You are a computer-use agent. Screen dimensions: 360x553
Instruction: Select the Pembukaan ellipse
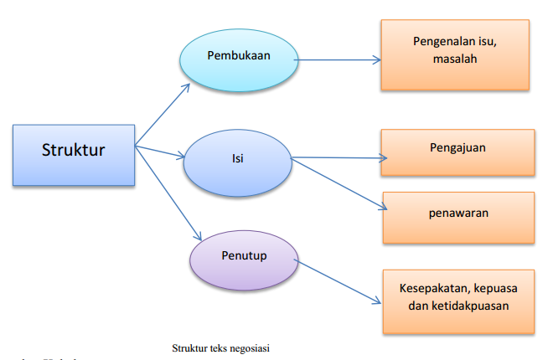(241, 58)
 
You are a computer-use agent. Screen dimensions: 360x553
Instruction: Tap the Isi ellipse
(237, 158)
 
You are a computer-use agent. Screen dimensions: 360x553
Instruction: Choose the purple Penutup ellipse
(243, 255)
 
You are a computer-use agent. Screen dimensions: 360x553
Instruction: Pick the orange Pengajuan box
(457, 152)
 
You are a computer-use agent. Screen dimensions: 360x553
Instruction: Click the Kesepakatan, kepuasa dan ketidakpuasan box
(457, 299)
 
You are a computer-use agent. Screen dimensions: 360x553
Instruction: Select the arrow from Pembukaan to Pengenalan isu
(339, 59)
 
